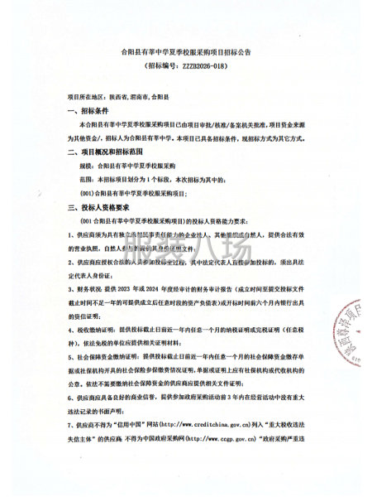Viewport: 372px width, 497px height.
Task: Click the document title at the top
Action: [185, 51]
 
